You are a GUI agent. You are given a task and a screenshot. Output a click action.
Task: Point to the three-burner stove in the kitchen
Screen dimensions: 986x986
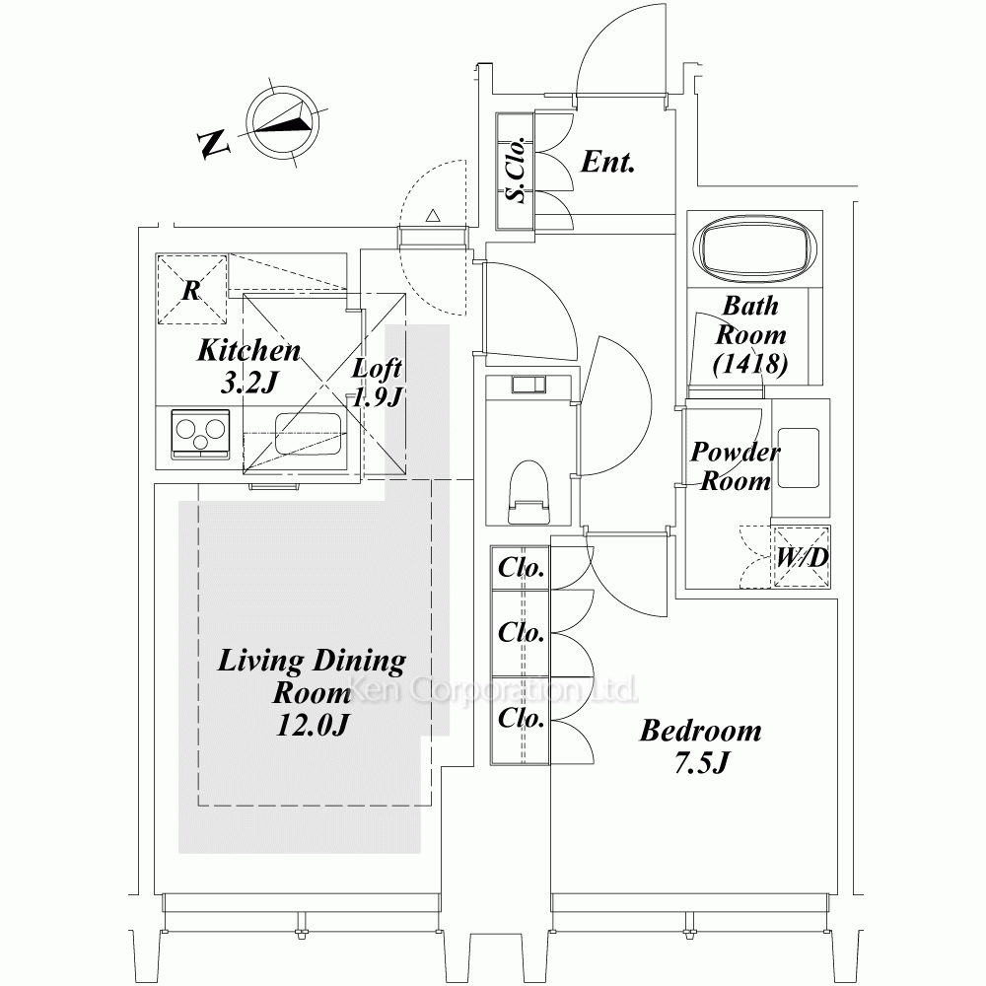[199, 433]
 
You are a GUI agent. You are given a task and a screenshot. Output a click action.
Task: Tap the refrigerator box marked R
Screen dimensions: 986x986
[192, 289]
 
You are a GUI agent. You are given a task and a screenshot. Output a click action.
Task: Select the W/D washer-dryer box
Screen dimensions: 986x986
[801, 558]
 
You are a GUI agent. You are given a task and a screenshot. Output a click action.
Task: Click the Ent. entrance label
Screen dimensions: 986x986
[606, 162]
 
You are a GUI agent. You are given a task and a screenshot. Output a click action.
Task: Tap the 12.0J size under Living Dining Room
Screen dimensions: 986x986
[314, 725]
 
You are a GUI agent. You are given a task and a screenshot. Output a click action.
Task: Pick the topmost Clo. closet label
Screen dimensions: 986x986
[522, 569]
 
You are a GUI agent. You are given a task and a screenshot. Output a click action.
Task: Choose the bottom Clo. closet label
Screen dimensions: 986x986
[522, 718]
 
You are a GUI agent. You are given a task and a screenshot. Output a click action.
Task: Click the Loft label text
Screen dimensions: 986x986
[379, 369]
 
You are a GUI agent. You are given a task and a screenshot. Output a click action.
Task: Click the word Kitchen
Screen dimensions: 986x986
[248, 350]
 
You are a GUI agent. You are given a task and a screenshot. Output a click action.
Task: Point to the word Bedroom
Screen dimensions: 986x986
[700, 732]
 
